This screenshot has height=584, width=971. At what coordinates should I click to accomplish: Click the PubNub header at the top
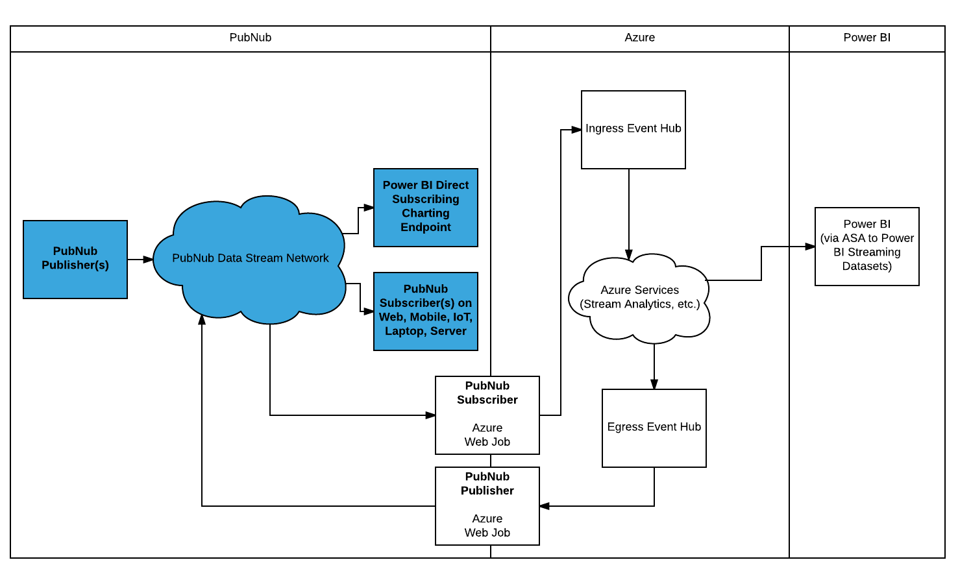click(251, 38)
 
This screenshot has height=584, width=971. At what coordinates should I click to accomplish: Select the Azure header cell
click(639, 38)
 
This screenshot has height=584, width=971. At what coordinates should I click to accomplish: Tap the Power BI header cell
click(867, 38)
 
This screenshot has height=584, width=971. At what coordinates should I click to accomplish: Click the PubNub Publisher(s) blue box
click(75, 259)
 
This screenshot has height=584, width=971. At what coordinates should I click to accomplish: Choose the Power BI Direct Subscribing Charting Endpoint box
click(425, 207)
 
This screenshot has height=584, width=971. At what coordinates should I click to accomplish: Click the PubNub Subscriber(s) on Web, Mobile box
click(425, 311)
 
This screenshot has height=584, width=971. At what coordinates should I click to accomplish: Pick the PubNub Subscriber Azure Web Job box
click(487, 415)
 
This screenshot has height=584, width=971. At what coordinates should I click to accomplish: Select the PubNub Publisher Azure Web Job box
click(487, 505)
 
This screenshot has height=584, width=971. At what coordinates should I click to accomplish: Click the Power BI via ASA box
click(867, 246)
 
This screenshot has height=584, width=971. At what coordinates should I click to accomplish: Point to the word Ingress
click(604, 128)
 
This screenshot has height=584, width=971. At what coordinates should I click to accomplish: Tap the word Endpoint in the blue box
click(425, 227)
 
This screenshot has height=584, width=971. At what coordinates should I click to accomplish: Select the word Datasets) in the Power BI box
click(867, 266)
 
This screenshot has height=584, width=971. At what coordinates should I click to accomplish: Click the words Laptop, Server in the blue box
click(425, 331)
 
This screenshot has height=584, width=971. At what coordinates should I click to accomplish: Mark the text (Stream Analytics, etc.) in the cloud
click(639, 304)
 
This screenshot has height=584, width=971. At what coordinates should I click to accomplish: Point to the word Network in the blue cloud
click(307, 258)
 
